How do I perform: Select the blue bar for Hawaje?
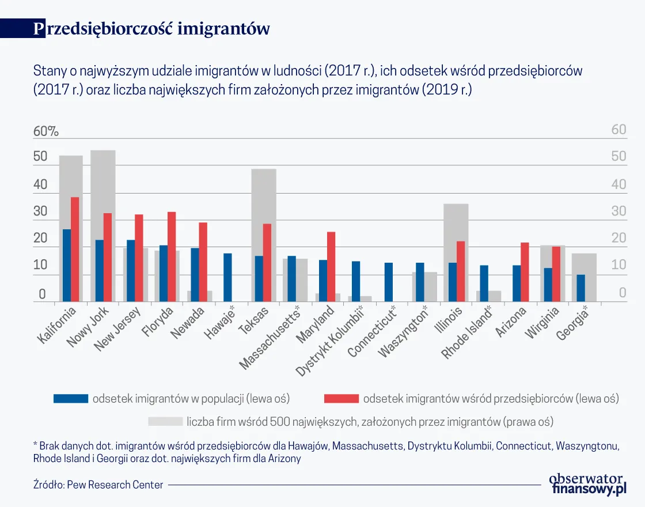227,277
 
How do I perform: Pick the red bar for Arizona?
525,272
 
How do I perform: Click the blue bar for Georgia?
580,287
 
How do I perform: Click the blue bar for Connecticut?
388,282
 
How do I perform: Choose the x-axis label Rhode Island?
467,332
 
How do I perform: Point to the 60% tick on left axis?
46,131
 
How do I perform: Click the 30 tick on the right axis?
619,211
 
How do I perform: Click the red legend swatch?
342,399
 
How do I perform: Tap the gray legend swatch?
165,422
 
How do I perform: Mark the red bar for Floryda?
172,256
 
